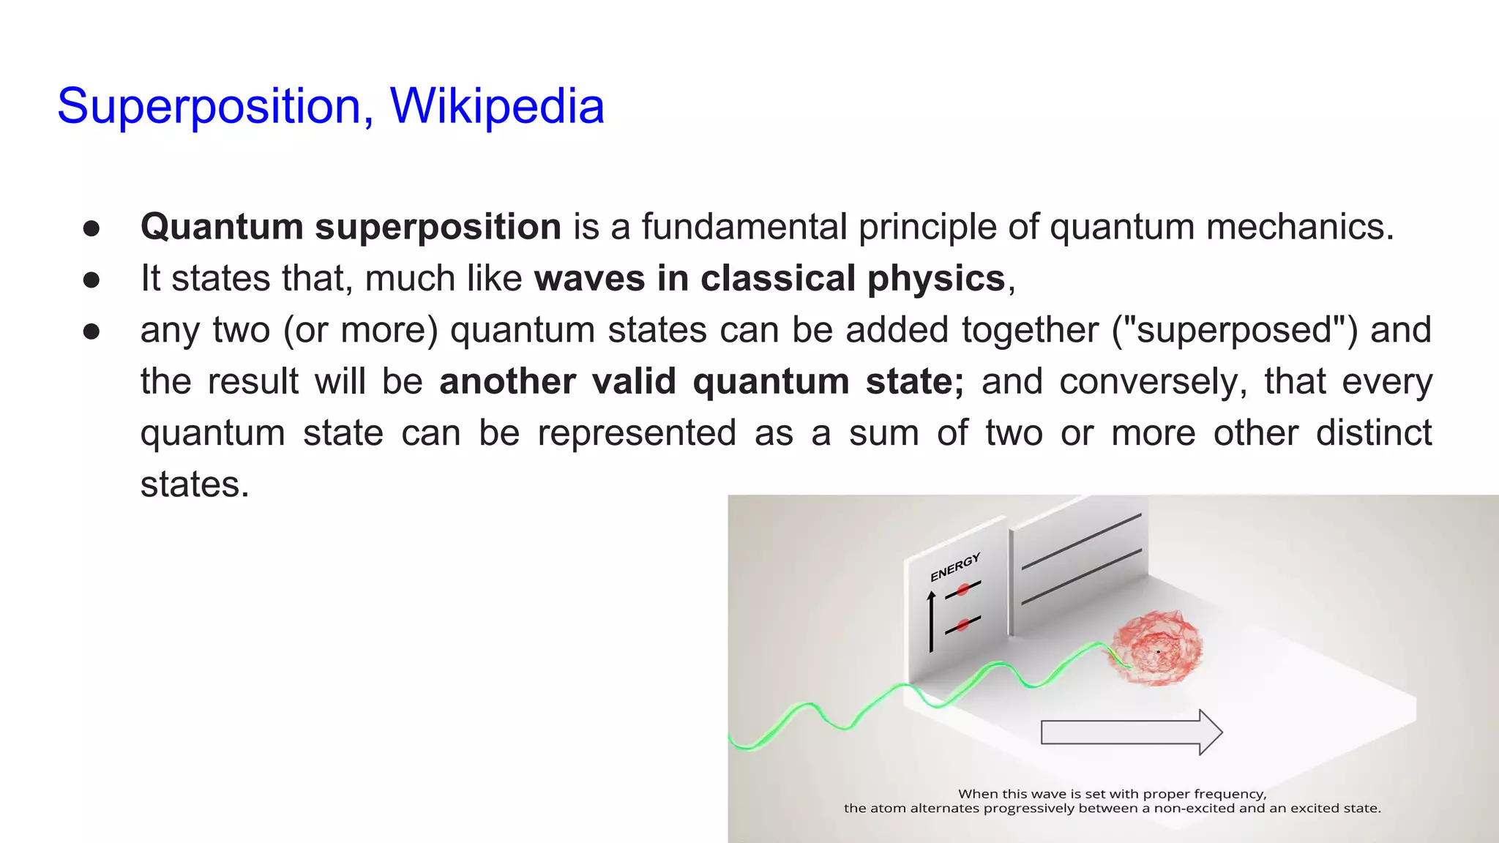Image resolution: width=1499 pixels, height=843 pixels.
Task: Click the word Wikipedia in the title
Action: pyautogui.click(x=497, y=107)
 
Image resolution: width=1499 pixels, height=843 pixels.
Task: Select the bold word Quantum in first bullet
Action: pyautogui.click(x=222, y=227)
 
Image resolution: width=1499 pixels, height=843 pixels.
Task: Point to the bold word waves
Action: pyautogui.click(x=589, y=279)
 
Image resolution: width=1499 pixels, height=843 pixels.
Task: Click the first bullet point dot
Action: pyautogui.click(x=91, y=228)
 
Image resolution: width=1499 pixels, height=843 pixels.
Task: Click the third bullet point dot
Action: pyautogui.click(x=91, y=331)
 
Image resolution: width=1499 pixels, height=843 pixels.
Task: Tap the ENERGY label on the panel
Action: pyautogui.click(x=954, y=568)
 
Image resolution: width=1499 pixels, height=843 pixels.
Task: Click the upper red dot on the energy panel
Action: pyautogui.click(x=963, y=589)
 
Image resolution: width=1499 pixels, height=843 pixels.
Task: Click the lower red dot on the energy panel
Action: pyautogui.click(x=963, y=624)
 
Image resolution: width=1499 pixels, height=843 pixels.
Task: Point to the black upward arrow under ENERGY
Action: pyautogui.click(x=931, y=622)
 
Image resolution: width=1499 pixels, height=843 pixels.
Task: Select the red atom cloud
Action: pyautogui.click(x=1157, y=648)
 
